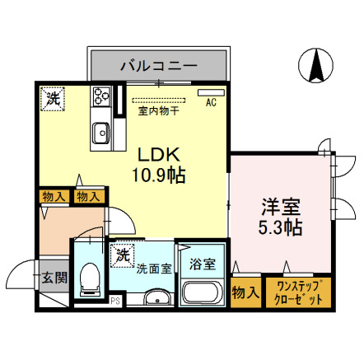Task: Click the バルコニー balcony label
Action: point(158,63)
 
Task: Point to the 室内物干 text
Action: point(161,110)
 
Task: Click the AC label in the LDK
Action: point(211,103)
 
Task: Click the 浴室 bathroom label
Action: point(202,264)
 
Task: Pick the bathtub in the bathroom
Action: point(202,292)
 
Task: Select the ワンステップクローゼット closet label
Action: point(297,292)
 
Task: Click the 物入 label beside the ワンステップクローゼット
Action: point(245,292)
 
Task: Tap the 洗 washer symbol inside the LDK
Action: point(52,97)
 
